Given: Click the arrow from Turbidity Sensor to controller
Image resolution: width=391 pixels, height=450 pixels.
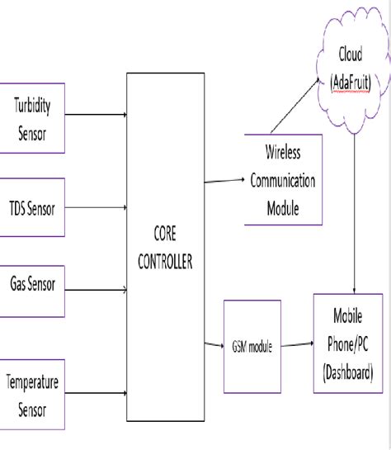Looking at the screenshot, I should pyautogui.click(x=95, y=116).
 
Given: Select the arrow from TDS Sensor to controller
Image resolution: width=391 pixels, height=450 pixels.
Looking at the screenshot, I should pyautogui.click(x=95, y=208).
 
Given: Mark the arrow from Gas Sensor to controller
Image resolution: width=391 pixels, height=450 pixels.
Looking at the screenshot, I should pyautogui.click(x=95, y=289).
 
